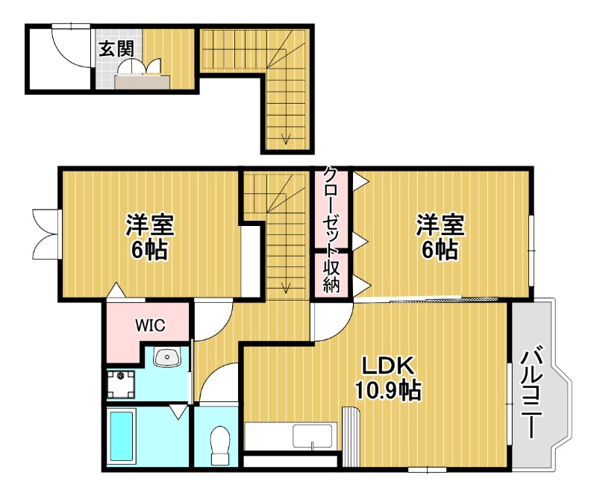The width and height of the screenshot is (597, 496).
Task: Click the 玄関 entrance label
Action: coord(116,49)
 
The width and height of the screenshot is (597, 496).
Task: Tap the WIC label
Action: coord(150,325)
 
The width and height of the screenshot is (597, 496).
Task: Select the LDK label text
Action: coord(387,365)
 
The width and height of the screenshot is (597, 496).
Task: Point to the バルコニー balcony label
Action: coord(531,392)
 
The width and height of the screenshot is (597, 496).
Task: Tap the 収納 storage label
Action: coord(331,275)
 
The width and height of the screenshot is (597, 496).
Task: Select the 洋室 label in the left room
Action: coord(149,223)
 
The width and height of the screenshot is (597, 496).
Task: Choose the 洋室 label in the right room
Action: coord(440,223)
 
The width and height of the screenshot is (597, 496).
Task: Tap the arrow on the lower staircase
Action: coord(286,285)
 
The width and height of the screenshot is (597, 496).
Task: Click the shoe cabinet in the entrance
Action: coord(141,82)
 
